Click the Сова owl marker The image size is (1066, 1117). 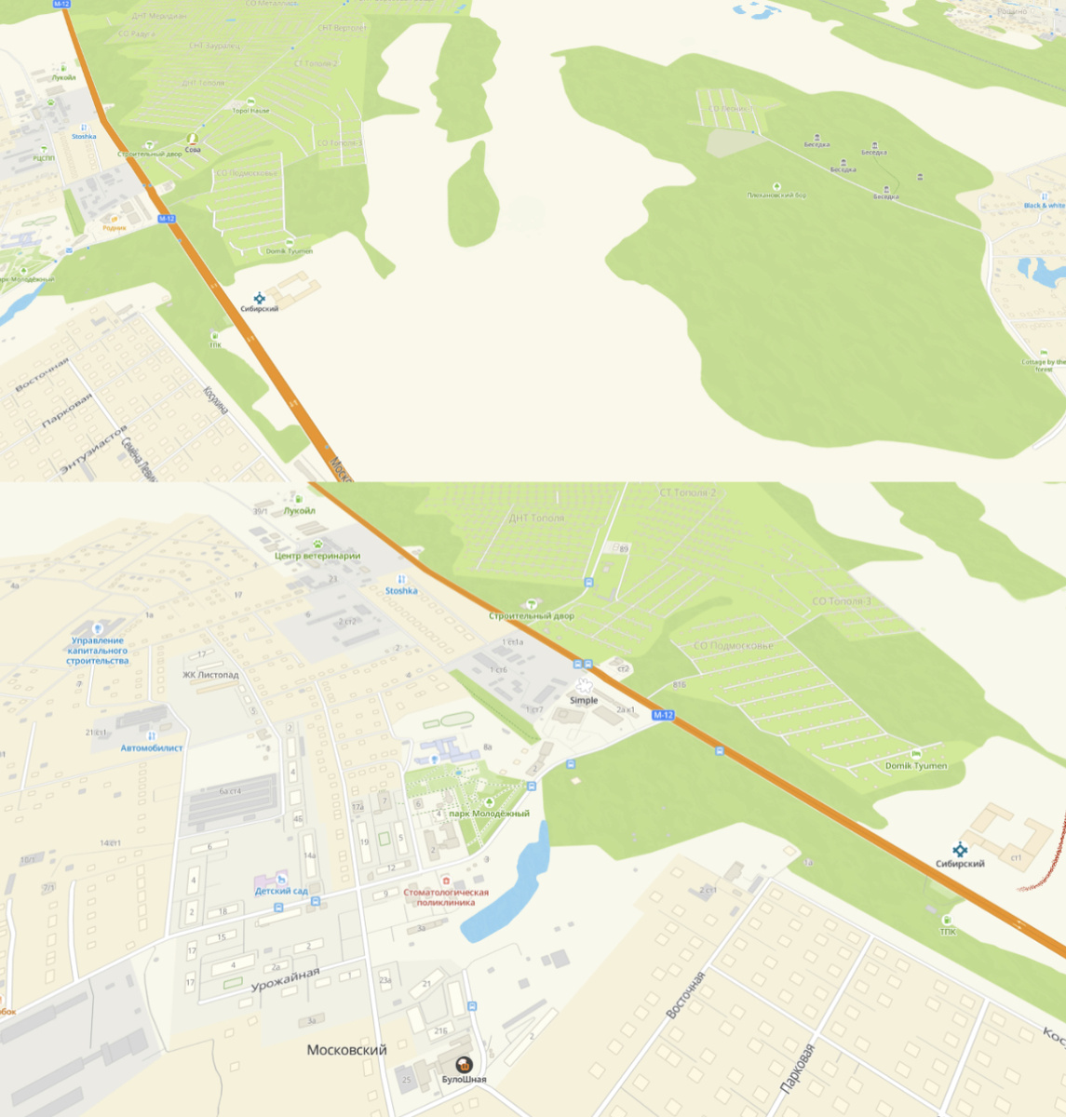(x=193, y=140)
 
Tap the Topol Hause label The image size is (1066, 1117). (x=250, y=111)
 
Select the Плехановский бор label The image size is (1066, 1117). (x=776, y=195)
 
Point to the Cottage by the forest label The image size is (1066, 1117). (x=1044, y=365)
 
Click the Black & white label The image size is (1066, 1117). (x=1044, y=206)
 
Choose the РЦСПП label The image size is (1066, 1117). (x=44, y=158)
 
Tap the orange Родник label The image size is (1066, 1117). (x=115, y=227)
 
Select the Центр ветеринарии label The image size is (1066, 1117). (x=317, y=556)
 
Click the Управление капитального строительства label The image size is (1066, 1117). (x=98, y=651)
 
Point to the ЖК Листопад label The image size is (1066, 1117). (x=210, y=675)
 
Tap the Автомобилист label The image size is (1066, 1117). (x=152, y=747)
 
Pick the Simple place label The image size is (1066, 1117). (x=584, y=700)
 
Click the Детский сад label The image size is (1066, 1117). (x=281, y=891)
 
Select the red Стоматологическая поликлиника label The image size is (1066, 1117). (x=445, y=897)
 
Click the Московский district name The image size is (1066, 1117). (x=346, y=1050)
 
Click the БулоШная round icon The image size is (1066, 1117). (x=463, y=1065)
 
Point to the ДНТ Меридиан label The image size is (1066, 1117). (x=159, y=16)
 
